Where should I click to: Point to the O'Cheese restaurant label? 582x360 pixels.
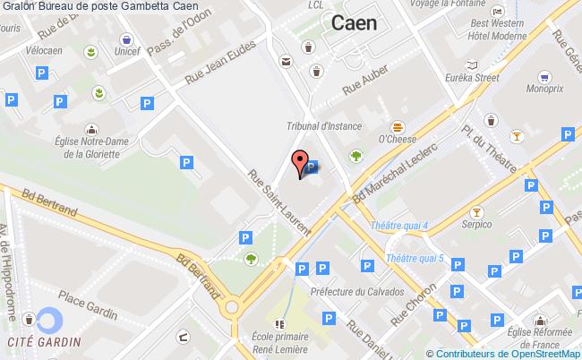tap(394, 139)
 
